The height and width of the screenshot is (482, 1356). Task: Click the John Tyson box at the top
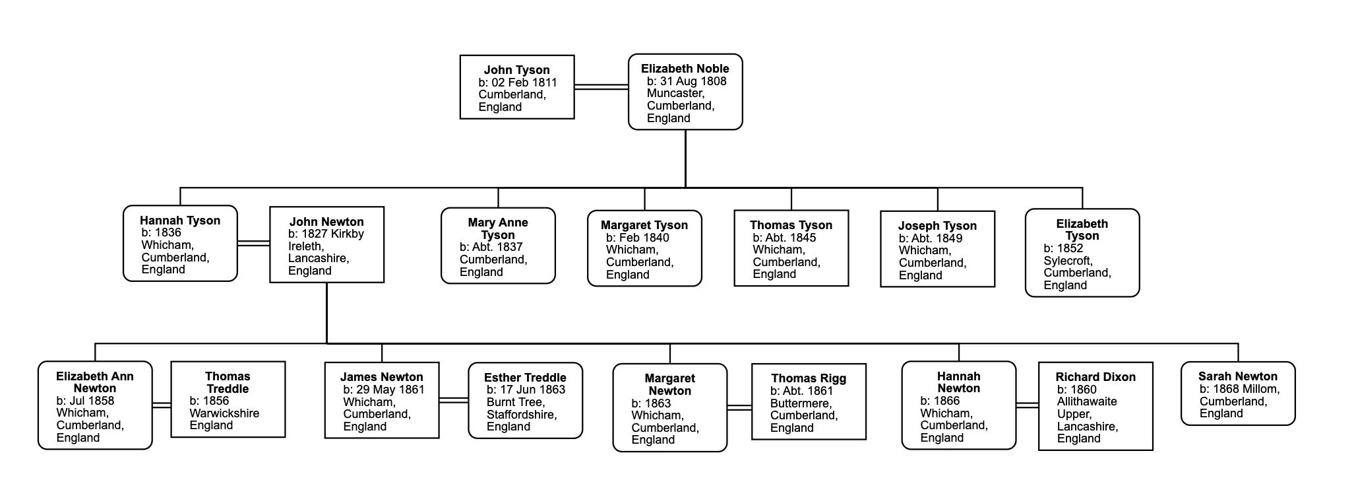click(x=517, y=87)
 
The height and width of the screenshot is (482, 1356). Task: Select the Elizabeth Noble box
click(x=685, y=92)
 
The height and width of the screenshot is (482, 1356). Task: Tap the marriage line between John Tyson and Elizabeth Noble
click(x=601, y=86)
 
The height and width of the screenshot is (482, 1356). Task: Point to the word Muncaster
click(x=675, y=93)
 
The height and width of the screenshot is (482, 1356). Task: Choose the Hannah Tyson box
click(x=180, y=244)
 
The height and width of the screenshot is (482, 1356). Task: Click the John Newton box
click(x=327, y=245)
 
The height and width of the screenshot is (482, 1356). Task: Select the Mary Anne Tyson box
click(x=498, y=246)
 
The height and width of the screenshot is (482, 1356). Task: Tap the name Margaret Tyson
click(x=644, y=225)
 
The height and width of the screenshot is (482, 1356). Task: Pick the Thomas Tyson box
click(x=791, y=248)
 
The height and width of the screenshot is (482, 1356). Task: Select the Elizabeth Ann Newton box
click(x=95, y=405)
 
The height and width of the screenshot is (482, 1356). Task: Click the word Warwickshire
click(x=224, y=413)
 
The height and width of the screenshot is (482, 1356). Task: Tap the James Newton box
click(x=382, y=400)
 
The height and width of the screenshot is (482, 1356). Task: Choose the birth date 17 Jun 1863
click(x=532, y=390)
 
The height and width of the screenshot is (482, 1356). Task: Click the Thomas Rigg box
click(x=809, y=401)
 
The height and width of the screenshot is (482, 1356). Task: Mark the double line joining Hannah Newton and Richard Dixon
click(x=1028, y=405)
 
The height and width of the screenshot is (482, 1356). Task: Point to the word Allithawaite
click(x=1087, y=401)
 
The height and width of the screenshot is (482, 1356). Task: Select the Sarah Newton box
click(x=1238, y=394)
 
